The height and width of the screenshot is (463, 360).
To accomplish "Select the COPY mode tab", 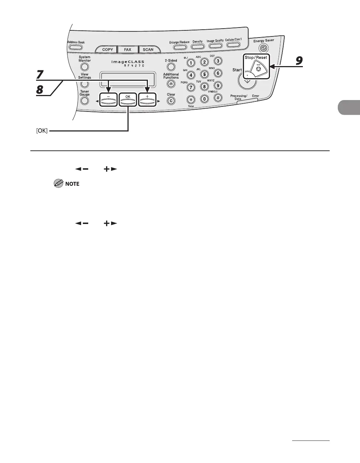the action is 107,50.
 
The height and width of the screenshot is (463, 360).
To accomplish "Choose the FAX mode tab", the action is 127,50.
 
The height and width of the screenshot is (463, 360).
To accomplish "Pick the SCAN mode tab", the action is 148,50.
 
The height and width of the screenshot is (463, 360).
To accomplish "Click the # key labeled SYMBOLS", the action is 218,98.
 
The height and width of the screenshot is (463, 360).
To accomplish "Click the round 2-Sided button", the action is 171,67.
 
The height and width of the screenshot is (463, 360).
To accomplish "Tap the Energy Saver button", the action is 263,48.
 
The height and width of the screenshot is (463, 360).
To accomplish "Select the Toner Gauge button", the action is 85,101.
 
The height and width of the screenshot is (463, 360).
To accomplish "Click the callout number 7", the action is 40,75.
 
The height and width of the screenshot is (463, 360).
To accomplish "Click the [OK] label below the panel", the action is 42,131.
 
